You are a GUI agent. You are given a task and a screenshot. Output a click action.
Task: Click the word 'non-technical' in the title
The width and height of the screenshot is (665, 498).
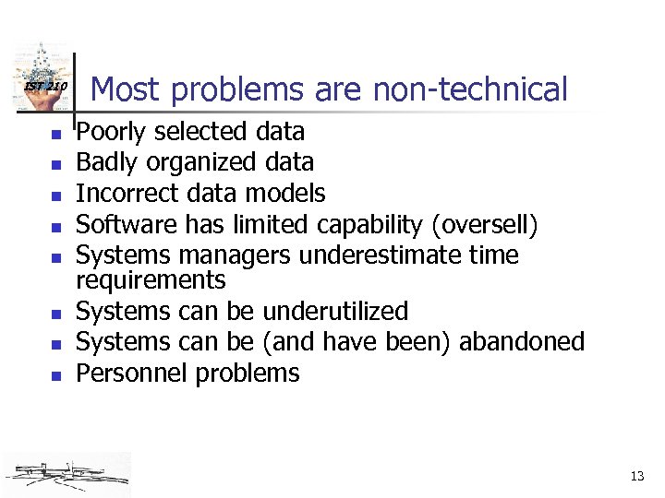(470, 89)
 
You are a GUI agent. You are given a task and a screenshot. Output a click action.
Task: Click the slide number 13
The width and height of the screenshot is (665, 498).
(636, 476)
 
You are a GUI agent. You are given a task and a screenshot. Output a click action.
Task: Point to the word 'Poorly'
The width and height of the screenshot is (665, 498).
(110, 133)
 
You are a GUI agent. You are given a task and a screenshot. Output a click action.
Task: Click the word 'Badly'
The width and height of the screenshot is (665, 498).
(104, 163)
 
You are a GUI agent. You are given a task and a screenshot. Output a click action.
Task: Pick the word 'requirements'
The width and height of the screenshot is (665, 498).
(151, 279)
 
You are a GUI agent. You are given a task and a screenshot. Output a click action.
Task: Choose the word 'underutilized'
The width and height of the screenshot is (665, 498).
(335, 312)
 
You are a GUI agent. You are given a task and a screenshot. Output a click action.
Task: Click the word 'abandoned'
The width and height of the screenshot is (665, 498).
(522, 342)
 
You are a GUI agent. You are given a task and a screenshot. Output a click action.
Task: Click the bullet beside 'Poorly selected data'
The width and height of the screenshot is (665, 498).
(55, 135)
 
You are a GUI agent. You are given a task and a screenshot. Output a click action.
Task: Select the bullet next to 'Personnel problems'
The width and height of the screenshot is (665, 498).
(55, 375)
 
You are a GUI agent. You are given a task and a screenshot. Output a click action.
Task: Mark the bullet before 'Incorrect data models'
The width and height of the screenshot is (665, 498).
(55, 196)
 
